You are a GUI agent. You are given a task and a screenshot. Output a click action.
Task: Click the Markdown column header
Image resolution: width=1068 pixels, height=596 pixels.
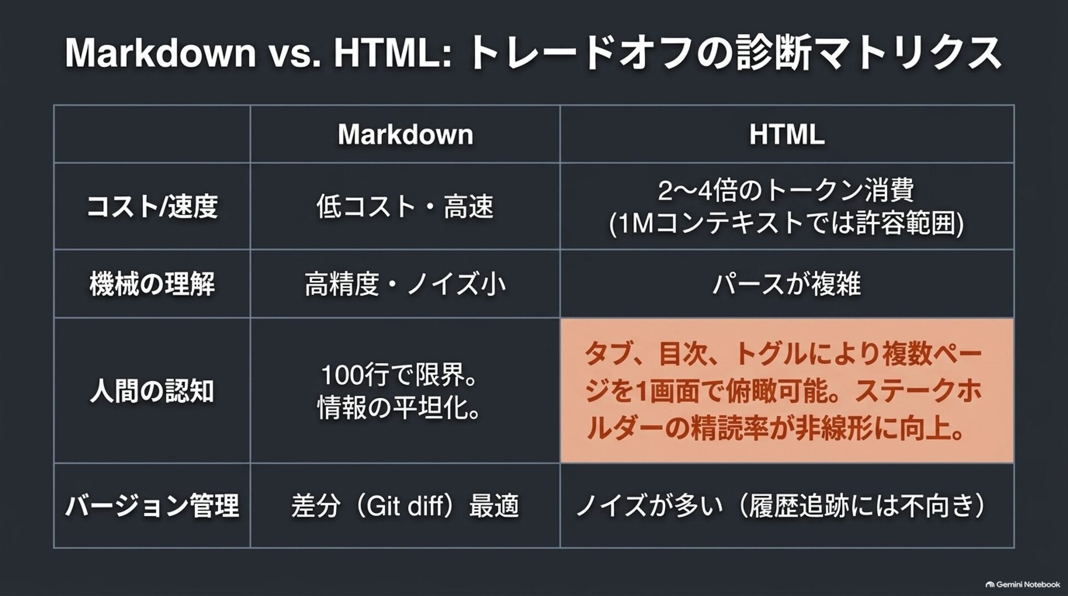click(x=405, y=135)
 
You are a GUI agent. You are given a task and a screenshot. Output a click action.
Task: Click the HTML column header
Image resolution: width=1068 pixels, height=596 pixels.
click(x=787, y=135)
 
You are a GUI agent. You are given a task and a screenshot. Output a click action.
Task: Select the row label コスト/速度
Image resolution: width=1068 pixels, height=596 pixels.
click(x=152, y=207)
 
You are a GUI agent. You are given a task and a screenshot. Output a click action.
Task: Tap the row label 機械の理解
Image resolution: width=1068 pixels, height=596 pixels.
click(x=152, y=284)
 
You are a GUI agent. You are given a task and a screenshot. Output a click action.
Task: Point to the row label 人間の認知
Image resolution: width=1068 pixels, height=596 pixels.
click(x=152, y=391)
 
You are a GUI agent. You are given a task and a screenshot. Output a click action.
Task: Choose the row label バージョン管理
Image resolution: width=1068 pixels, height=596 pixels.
click(x=152, y=506)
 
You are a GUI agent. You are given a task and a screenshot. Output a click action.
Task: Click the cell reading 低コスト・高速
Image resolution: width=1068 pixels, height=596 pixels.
click(x=405, y=207)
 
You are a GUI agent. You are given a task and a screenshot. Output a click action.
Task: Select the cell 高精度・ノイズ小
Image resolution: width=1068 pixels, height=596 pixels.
click(x=405, y=284)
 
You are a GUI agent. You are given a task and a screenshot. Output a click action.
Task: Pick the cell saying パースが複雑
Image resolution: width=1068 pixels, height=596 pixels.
click(x=787, y=284)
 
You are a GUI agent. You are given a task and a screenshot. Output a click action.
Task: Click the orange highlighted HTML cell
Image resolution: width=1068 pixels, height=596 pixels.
click(x=787, y=391)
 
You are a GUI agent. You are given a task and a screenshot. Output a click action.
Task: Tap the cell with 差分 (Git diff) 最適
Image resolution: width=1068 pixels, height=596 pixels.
click(x=405, y=506)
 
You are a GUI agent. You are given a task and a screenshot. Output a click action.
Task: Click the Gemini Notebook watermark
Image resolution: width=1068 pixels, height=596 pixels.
click(x=1022, y=584)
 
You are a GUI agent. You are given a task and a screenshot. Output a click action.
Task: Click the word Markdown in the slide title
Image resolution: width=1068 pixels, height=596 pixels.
click(x=160, y=53)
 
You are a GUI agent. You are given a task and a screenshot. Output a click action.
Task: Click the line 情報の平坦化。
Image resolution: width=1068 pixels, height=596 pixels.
click(x=399, y=409)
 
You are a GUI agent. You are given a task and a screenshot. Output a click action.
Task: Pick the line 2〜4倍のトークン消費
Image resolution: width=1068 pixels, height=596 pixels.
click(x=787, y=191)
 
